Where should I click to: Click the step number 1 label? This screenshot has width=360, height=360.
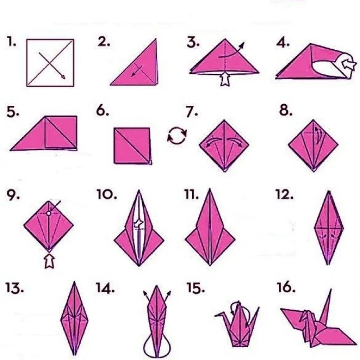click(x=12, y=43)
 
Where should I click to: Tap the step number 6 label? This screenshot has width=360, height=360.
click(x=102, y=111)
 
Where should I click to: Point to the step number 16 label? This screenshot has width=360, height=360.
click(x=286, y=288)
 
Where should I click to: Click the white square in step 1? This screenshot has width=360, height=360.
click(x=50, y=62)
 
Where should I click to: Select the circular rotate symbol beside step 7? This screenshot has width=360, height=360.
click(x=177, y=135)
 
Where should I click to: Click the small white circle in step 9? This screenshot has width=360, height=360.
click(x=49, y=213)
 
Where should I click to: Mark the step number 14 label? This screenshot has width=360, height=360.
click(x=105, y=288)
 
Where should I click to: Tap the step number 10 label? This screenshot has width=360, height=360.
click(x=106, y=195)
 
